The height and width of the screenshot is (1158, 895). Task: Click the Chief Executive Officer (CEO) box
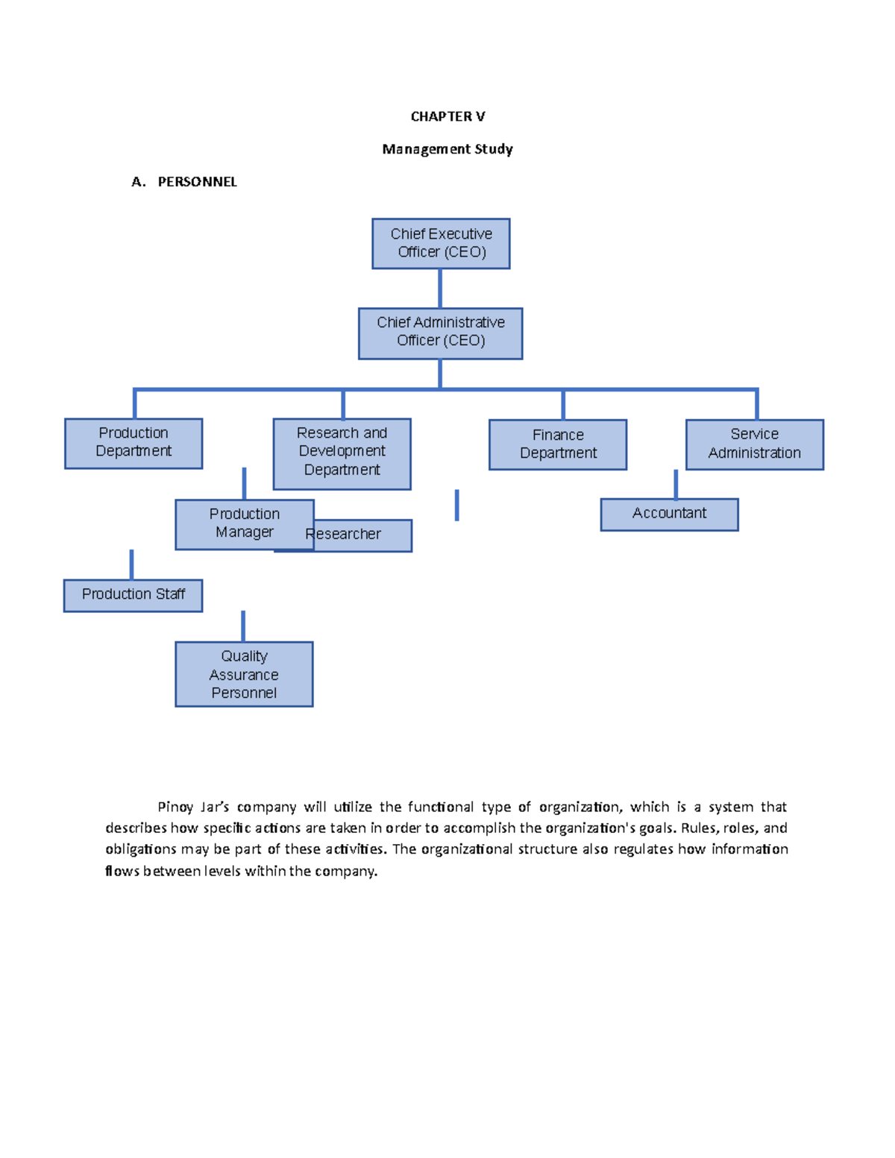point(441,243)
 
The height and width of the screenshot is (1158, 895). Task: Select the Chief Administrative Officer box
point(440,333)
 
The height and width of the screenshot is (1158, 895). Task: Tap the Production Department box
point(134,443)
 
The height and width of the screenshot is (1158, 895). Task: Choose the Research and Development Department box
point(342,453)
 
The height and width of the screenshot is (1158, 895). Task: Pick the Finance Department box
point(557,444)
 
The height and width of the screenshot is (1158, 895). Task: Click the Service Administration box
point(754,444)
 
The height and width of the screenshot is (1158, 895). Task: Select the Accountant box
point(669,514)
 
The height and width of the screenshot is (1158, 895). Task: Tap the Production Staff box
point(133,595)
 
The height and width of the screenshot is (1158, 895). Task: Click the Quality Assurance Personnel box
point(244,674)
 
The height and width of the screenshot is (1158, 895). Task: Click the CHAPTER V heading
point(447,116)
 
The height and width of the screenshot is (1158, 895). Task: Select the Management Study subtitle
point(447,149)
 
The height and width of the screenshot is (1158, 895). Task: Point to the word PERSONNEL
point(197,182)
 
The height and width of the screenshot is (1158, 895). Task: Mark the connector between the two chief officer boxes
point(440,288)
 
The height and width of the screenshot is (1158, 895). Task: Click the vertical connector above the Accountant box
point(676,484)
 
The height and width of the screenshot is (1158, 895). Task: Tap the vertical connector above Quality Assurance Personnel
point(243,626)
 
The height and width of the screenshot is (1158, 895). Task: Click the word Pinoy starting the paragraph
point(175,807)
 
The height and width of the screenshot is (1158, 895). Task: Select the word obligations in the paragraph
point(140,849)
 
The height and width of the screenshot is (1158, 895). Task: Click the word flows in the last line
point(122,871)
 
